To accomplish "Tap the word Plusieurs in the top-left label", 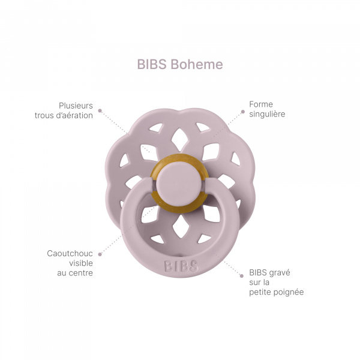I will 76,104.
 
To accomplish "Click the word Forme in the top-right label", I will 261,104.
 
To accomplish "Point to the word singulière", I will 268,114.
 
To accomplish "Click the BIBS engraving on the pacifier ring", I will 180,265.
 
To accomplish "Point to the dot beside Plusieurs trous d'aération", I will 100,110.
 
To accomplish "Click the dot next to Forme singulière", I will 243,110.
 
